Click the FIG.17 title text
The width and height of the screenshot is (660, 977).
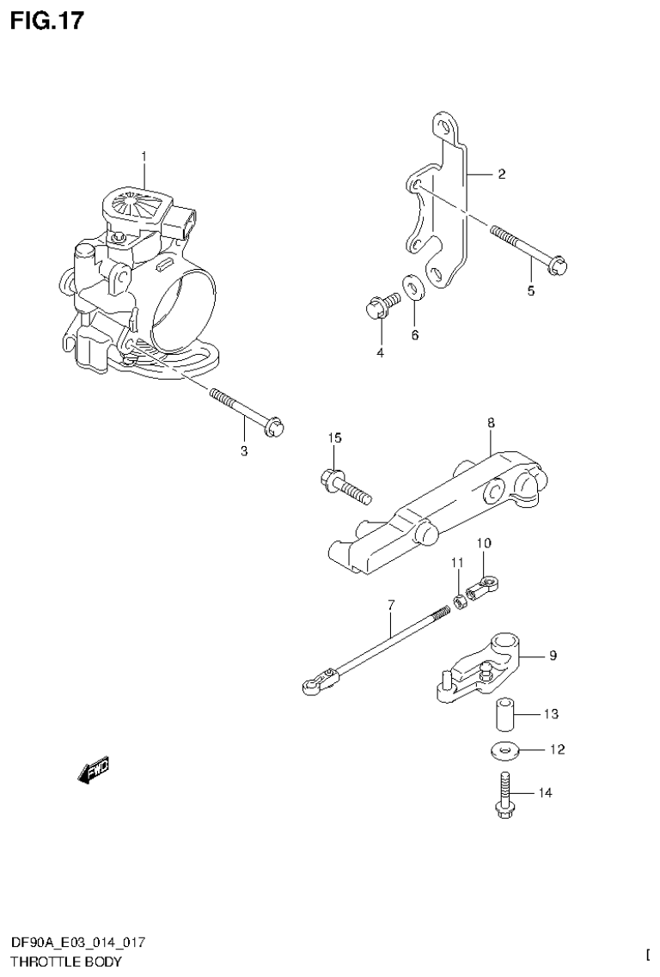point(47,21)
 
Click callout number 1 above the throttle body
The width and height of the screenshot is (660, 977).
point(144,156)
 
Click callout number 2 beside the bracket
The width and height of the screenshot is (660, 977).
point(501,174)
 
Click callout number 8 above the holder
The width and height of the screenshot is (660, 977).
point(490,423)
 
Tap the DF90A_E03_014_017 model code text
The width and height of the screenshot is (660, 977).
point(78,943)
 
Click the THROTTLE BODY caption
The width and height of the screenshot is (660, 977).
point(66,962)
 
